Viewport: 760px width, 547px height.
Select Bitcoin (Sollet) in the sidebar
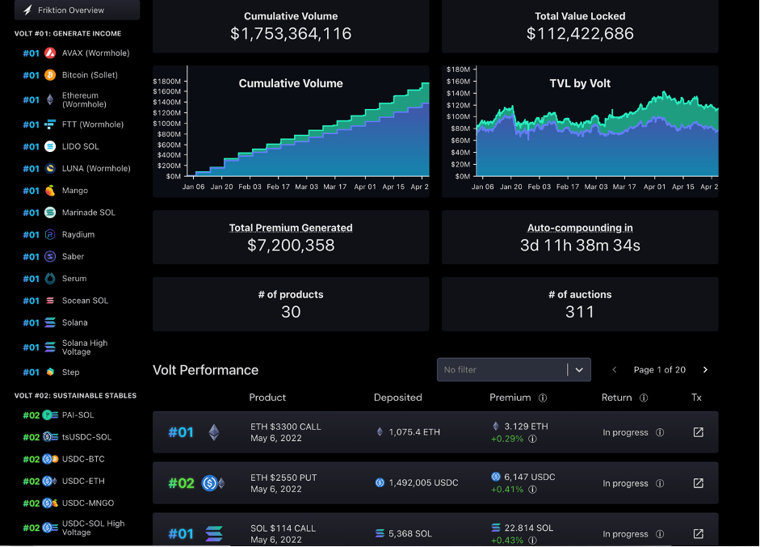(x=90, y=75)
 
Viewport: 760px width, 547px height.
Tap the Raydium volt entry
(x=78, y=234)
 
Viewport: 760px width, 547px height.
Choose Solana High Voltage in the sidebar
(x=85, y=347)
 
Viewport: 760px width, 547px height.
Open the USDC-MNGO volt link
(x=88, y=503)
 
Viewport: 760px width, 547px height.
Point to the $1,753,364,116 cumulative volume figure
(x=291, y=34)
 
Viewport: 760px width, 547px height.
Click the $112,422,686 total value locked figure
(x=580, y=34)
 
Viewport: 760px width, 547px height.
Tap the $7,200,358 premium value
(x=291, y=246)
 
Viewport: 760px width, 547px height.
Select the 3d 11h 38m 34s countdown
(x=580, y=246)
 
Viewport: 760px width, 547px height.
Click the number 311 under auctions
(x=580, y=312)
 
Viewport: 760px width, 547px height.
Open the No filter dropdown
(x=514, y=370)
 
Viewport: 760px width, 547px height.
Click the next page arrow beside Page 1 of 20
(x=705, y=370)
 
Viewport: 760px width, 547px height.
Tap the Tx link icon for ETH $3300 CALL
(x=699, y=432)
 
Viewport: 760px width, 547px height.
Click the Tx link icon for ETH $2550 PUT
(x=699, y=483)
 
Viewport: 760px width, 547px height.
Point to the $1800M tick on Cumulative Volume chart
(x=166, y=82)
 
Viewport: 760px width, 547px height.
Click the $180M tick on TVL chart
(x=458, y=70)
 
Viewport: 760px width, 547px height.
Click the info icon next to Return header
(x=644, y=398)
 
